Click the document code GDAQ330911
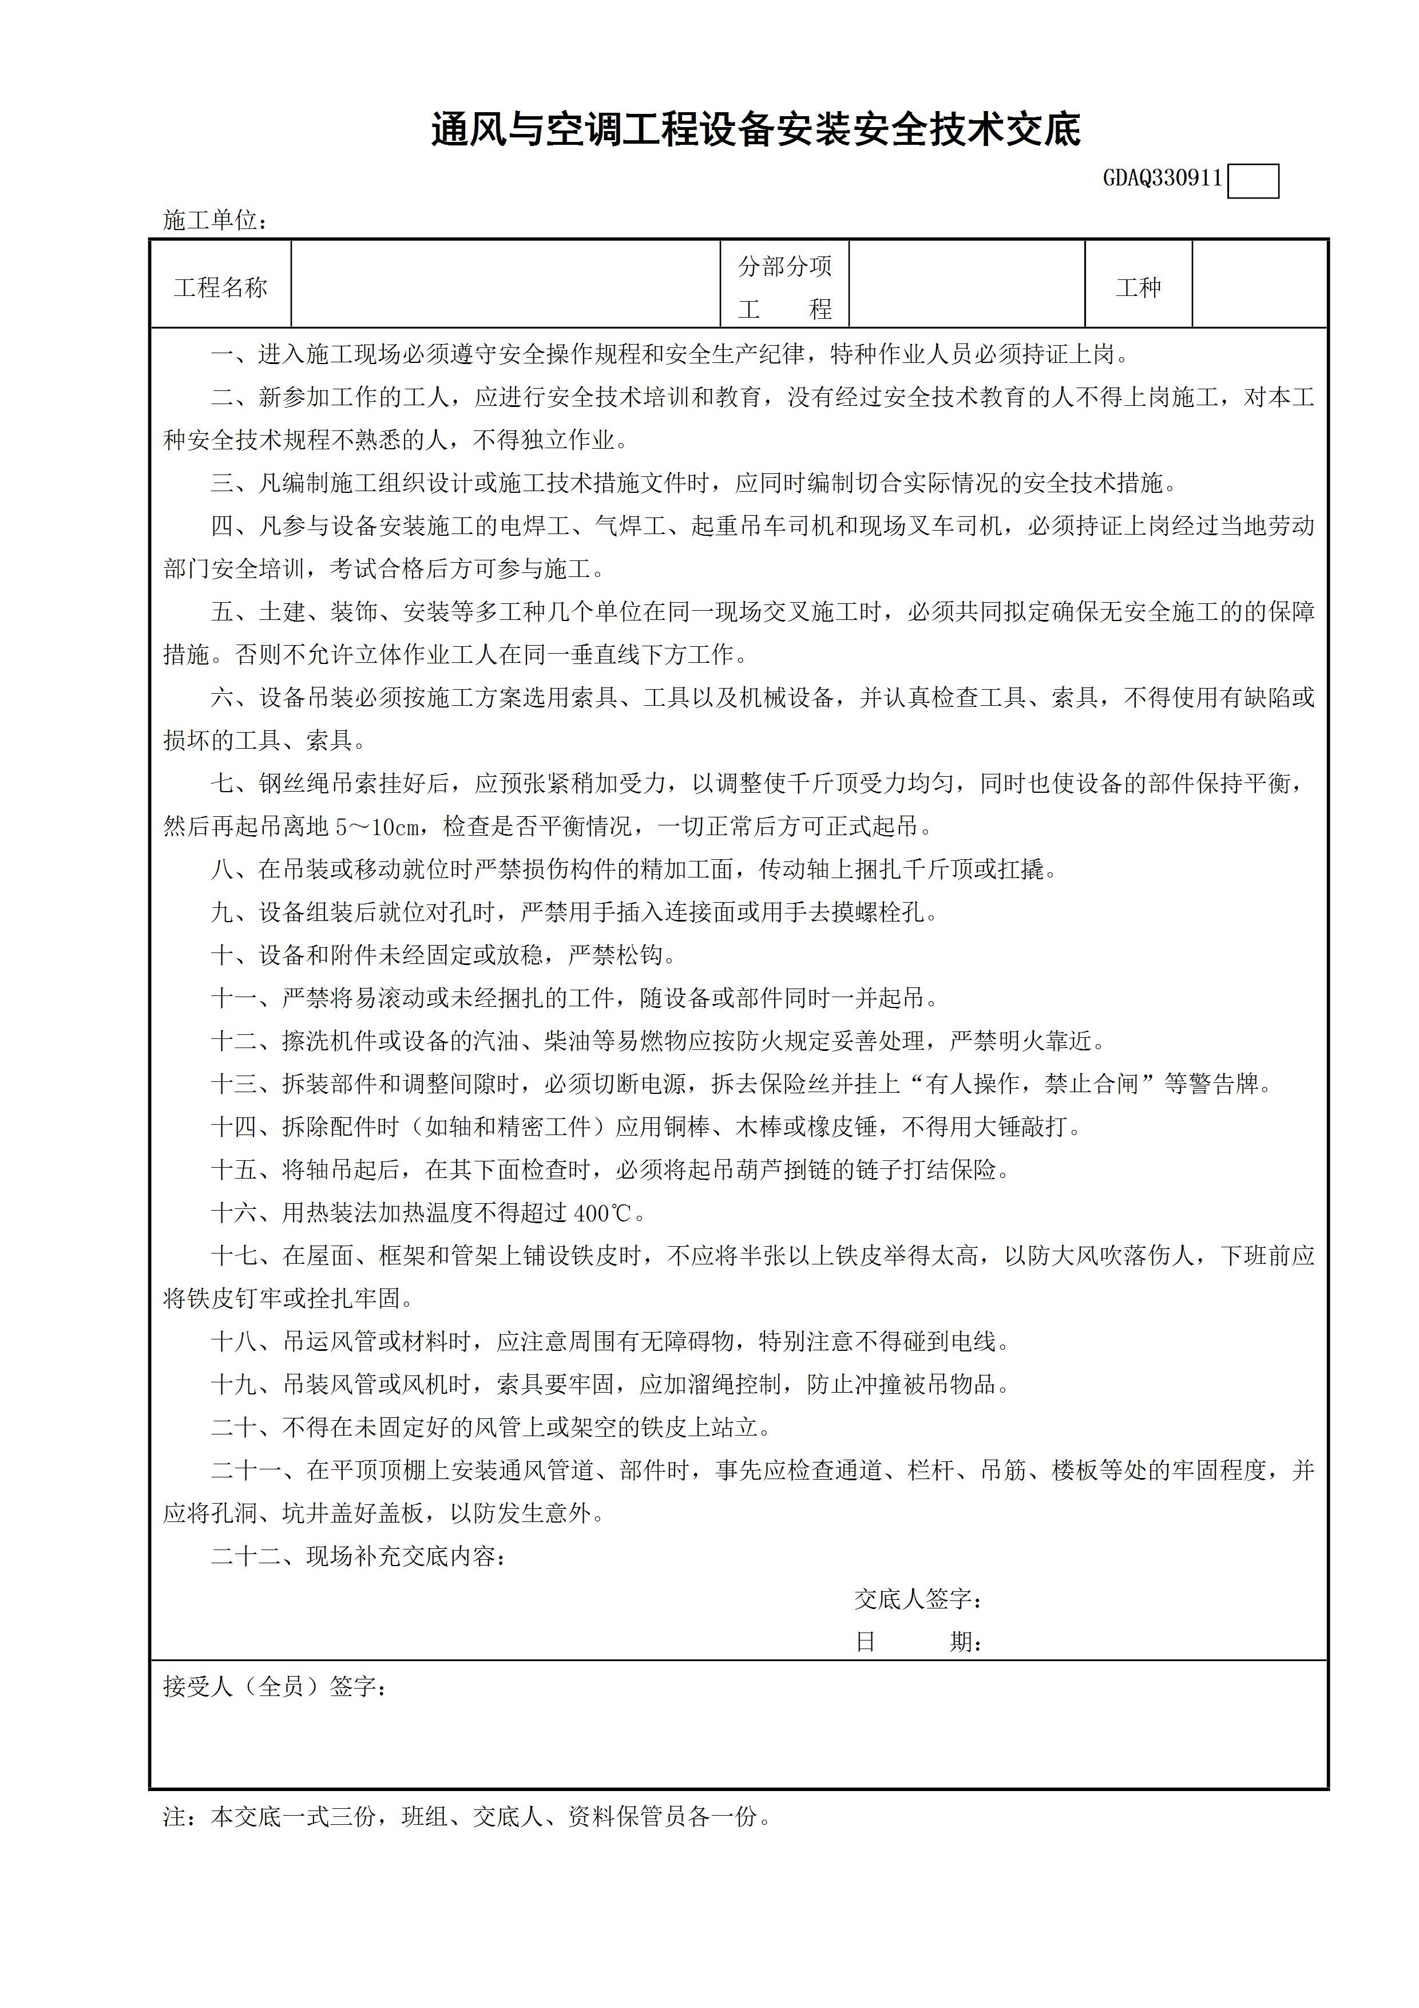[x=1162, y=179]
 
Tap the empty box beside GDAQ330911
[x=1253, y=182]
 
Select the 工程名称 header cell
[x=220, y=288]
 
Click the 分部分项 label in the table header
[x=784, y=267]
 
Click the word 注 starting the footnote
[x=175, y=1817]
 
